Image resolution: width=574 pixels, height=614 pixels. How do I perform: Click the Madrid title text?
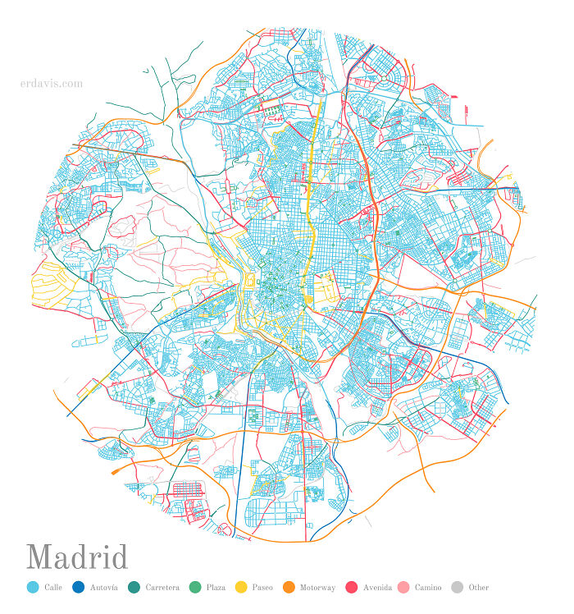[x=77, y=557]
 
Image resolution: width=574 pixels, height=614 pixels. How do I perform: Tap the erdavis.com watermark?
[x=51, y=83]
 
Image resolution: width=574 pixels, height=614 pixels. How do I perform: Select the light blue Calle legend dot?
[x=33, y=587]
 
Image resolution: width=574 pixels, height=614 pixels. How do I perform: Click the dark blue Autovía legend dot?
[x=79, y=587]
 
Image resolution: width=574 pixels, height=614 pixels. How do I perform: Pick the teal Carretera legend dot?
[x=134, y=587]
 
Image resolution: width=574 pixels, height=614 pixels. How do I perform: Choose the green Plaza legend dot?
[x=194, y=587]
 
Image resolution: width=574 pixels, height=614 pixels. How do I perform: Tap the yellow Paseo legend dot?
[x=241, y=587]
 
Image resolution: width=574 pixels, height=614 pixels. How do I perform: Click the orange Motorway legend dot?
[x=289, y=587]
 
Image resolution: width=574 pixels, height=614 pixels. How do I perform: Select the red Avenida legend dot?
[x=352, y=587]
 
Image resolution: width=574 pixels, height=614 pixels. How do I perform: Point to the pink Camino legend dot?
[x=403, y=587]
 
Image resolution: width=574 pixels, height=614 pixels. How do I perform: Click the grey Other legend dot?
[x=458, y=587]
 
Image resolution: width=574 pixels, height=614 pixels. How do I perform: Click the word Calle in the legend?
[x=53, y=588]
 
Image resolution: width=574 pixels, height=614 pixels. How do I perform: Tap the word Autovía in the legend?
[x=104, y=588]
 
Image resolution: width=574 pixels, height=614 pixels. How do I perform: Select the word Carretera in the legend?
[x=162, y=588]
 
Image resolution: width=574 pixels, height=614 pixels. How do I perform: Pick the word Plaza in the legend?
[x=216, y=588]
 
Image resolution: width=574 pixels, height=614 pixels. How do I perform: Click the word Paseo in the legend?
[x=262, y=588]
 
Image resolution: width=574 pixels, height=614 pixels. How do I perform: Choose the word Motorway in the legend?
[x=317, y=588]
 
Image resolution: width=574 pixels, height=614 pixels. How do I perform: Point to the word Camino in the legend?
[x=428, y=588]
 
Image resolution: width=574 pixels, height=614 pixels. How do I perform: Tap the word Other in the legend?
[x=478, y=588]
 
